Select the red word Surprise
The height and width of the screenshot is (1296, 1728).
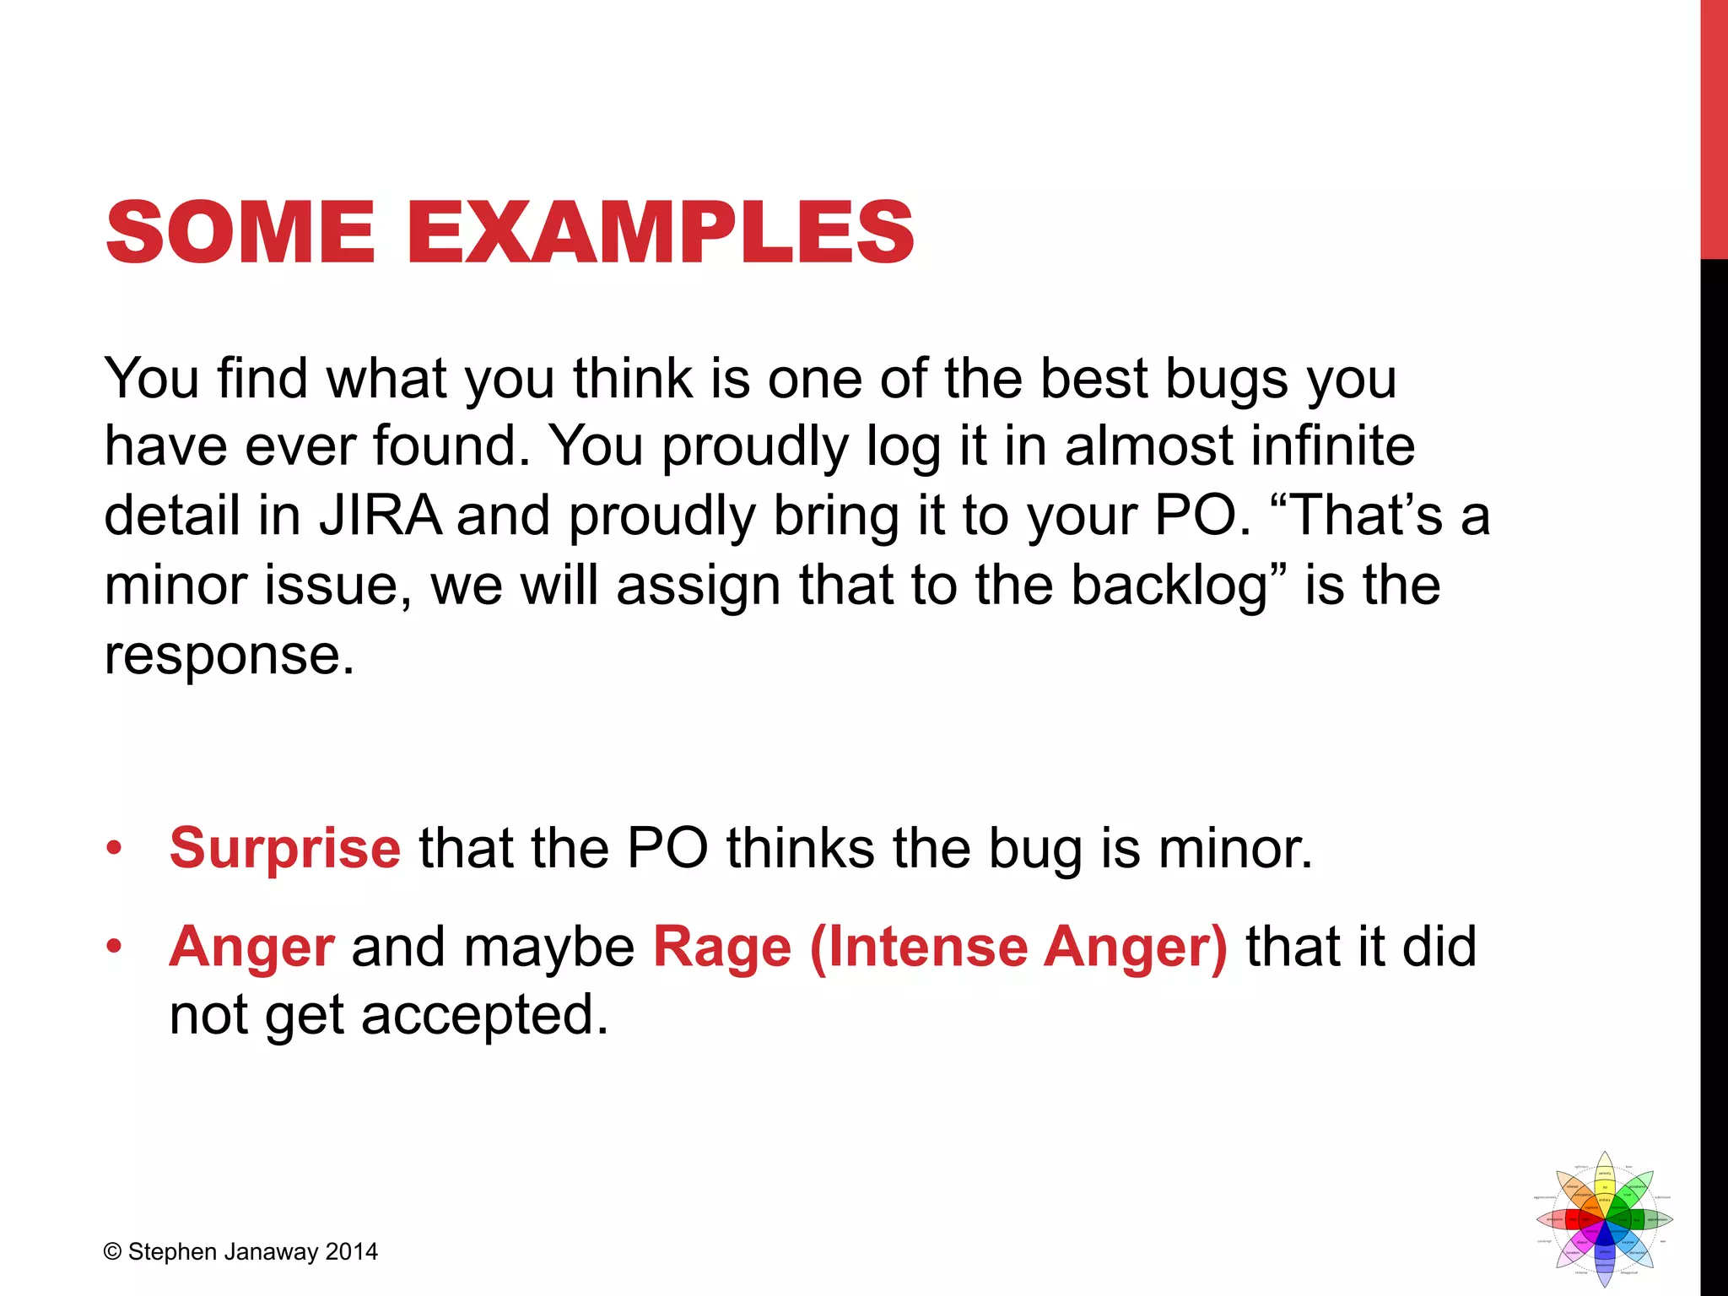[284, 847]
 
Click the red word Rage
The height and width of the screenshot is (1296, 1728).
[722, 946]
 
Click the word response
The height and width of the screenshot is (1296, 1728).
[229, 654]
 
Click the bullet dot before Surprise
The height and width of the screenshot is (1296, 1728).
[114, 847]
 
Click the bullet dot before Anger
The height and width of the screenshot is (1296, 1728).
[114, 946]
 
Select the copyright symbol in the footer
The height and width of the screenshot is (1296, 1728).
[112, 1252]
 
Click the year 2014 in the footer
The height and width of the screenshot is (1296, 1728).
[352, 1252]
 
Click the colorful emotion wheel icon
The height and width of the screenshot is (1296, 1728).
[1604, 1218]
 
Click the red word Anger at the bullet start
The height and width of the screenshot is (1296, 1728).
[251, 946]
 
